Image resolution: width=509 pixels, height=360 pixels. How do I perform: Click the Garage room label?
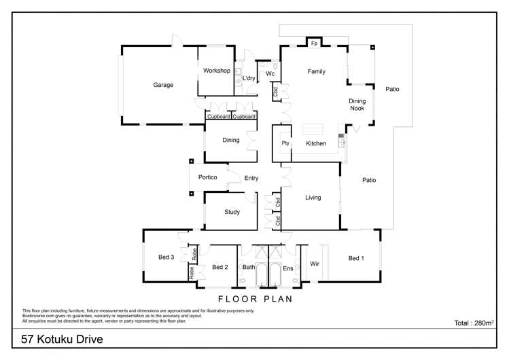pos(163,86)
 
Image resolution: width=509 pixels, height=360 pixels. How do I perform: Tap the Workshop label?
pos(216,71)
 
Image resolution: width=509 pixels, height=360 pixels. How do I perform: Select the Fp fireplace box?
pos(314,43)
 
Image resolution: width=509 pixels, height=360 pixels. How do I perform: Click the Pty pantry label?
pos(285,143)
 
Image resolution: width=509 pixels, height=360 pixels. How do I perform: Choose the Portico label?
pos(207,178)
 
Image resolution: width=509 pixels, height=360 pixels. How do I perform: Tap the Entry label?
pos(251,178)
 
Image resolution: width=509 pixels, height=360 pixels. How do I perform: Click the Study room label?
pos(232,212)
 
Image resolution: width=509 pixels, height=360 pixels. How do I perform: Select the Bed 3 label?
pos(166,257)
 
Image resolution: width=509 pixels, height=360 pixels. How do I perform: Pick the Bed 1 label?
pos(356,258)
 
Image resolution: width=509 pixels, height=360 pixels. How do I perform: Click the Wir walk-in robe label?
pos(315,262)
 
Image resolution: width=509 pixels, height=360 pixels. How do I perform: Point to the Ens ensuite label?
pos(287,267)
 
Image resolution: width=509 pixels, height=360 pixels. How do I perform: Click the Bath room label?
pos(249,267)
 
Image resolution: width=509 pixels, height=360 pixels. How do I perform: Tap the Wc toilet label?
pos(270,73)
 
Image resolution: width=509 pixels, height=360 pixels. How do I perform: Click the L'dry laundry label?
pos(249,79)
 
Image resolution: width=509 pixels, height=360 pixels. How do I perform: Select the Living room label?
pos(313,198)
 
